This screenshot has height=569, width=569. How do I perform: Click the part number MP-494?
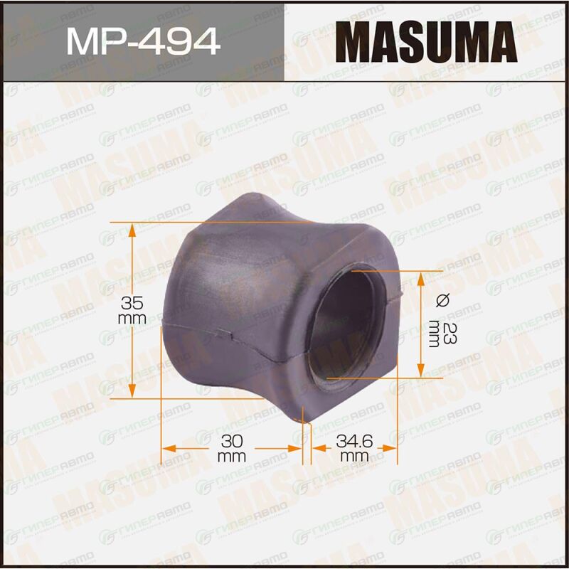pyautogui.click(x=143, y=41)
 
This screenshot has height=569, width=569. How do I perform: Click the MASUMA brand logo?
pyautogui.click(x=426, y=42)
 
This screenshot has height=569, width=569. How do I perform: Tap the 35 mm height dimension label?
pyautogui.click(x=132, y=310)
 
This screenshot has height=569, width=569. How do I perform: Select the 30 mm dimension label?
pyautogui.click(x=232, y=448)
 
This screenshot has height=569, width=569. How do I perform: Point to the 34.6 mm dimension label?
pyautogui.click(x=354, y=448)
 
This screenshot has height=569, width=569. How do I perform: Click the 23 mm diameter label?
pyautogui.click(x=442, y=334)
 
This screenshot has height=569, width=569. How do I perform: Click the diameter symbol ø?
pyautogui.click(x=442, y=300)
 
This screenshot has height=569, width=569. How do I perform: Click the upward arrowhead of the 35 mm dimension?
pyautogui.click(x=132, y=230)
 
